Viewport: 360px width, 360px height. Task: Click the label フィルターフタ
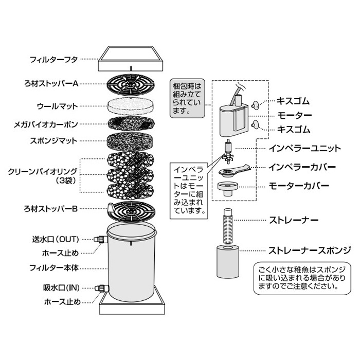[x=53, y=60]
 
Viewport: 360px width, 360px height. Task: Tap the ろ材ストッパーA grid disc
[x=131, y=84]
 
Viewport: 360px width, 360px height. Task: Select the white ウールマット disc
[x=131, y=106]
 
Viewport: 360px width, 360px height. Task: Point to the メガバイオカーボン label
[x=46, y=124]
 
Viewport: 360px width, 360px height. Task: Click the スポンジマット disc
[x=130, y=141]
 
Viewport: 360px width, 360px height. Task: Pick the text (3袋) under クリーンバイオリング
[x=66, y=181]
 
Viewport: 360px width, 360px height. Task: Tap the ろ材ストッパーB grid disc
[x=131, y=212]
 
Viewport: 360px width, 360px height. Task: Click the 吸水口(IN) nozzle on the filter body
[x=102, y=288]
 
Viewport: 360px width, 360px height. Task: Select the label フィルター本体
[x=54, y=268]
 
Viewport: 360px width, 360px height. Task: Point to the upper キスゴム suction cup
[x=255, y=105]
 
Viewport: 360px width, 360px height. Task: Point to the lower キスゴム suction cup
[x=255, y=124]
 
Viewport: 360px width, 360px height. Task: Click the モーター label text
[x=295, y=116]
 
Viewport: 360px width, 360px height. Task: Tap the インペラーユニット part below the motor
[x=228, y=152]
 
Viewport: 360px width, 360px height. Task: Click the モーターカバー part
[x=228, y=189]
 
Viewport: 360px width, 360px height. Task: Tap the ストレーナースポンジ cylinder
[x=228, y=262]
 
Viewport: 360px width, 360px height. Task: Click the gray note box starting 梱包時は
[x=187, y=99]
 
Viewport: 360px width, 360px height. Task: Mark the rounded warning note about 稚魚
[x=302, y=278]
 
